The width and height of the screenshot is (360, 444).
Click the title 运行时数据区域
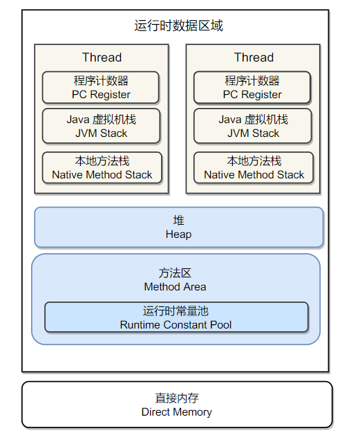point(178,26)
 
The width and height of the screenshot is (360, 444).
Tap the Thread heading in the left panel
point(102,57)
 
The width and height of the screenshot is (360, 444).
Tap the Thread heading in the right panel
point(254,57)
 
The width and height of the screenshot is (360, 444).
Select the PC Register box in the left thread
point(100,88)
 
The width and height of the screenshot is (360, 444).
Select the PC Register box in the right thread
point(252,88)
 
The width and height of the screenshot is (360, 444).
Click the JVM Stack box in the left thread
point(101,126)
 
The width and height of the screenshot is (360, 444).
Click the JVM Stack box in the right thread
point(253,126)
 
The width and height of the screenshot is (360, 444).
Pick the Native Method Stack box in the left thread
point(102,167)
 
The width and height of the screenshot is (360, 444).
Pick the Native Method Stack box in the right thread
point(254,167)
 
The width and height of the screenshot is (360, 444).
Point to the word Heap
point(178,234)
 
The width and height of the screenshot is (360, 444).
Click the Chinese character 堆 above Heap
point(178,221)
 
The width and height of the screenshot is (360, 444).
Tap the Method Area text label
point(176,287)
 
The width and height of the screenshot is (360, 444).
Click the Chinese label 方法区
point(175,273)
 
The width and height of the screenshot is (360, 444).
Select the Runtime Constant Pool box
point(176,317)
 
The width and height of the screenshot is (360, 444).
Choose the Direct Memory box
point(177,405)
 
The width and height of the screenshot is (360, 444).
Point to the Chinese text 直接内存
point(177,398)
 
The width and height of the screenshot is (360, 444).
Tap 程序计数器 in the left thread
point(101,81)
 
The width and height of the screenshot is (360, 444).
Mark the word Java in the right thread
point(230,120)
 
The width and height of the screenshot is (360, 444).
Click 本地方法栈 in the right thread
point(254,161)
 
